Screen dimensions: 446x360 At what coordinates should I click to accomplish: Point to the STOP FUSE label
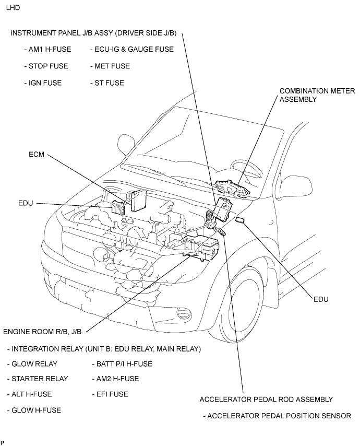(x=46, y=66)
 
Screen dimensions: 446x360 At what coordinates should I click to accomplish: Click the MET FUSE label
(x=112, y=66)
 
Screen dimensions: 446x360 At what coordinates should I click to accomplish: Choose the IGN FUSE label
(x=44, y=83)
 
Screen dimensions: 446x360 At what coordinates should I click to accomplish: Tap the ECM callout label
(x=38, y=155)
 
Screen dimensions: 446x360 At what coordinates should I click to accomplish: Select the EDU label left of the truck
(x=26, y=203)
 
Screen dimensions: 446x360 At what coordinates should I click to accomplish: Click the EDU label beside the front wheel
(x=322, y=300)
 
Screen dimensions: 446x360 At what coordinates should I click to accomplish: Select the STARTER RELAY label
(x=40, y=379)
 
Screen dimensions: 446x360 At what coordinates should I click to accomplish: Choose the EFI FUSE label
(x=112, y=394)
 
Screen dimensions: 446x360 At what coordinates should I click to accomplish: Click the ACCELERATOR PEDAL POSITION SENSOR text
(x=279, y=416)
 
